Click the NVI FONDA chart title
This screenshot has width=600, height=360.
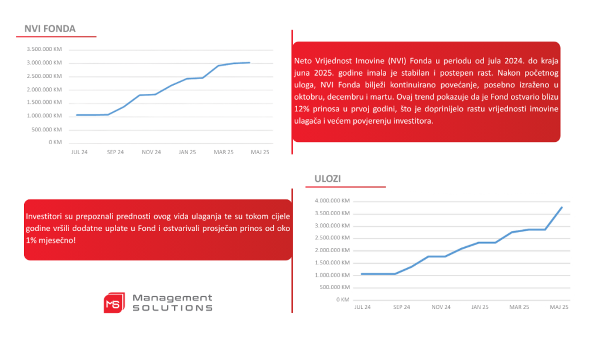click(50, 29)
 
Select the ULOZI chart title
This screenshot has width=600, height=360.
click(328, 179)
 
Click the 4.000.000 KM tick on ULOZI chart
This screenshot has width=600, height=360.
click(332, 201)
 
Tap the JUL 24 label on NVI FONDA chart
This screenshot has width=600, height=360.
click(80, 152)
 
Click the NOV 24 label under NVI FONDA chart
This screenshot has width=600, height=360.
click(151, 152)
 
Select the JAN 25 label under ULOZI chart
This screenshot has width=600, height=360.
click(480, 307)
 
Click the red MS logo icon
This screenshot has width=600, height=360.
click(113, 303)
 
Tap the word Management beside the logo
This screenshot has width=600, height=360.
click(172, 298)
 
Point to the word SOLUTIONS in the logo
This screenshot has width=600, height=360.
click(172, 308)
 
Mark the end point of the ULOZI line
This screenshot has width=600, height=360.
click(562, 207)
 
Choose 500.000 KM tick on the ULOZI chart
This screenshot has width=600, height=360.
click(334, 287)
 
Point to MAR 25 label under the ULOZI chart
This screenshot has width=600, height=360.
click(519, 307)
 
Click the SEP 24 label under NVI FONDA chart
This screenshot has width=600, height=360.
click(115, 152)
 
